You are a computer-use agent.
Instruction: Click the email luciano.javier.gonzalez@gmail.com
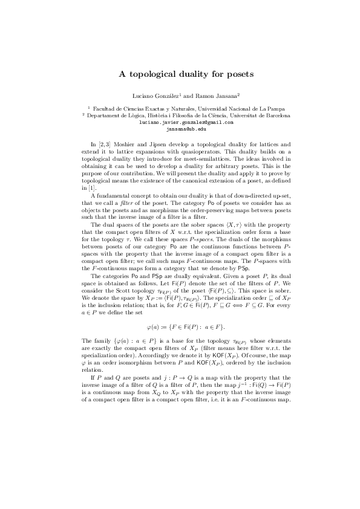pyautogui.click(x=186, y=122)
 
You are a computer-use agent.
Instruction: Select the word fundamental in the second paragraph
pyautogui.click(x=114, y=195)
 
